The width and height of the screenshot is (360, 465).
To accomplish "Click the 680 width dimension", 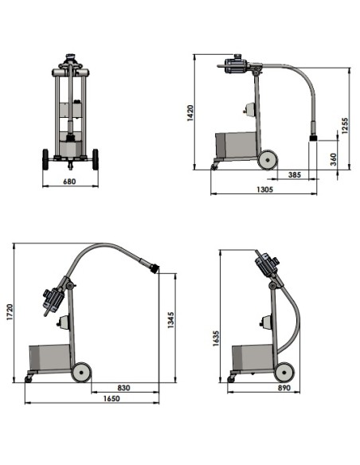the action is [69, 182].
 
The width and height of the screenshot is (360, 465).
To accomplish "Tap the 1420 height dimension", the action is [190, 113].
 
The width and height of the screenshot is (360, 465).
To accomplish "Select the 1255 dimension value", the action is [345, 126].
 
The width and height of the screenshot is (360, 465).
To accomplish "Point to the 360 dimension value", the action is [333, 159].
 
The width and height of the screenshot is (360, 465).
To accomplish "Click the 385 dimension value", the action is [295, 174].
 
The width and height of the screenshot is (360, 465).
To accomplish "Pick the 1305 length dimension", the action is [264, 190].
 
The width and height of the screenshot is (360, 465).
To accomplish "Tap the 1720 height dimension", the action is [10, 311].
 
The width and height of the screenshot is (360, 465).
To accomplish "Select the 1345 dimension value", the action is [170, 320].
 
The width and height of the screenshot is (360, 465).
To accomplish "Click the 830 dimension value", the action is [123, 388].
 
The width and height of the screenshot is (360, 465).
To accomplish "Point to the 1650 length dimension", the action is [112, 398].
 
